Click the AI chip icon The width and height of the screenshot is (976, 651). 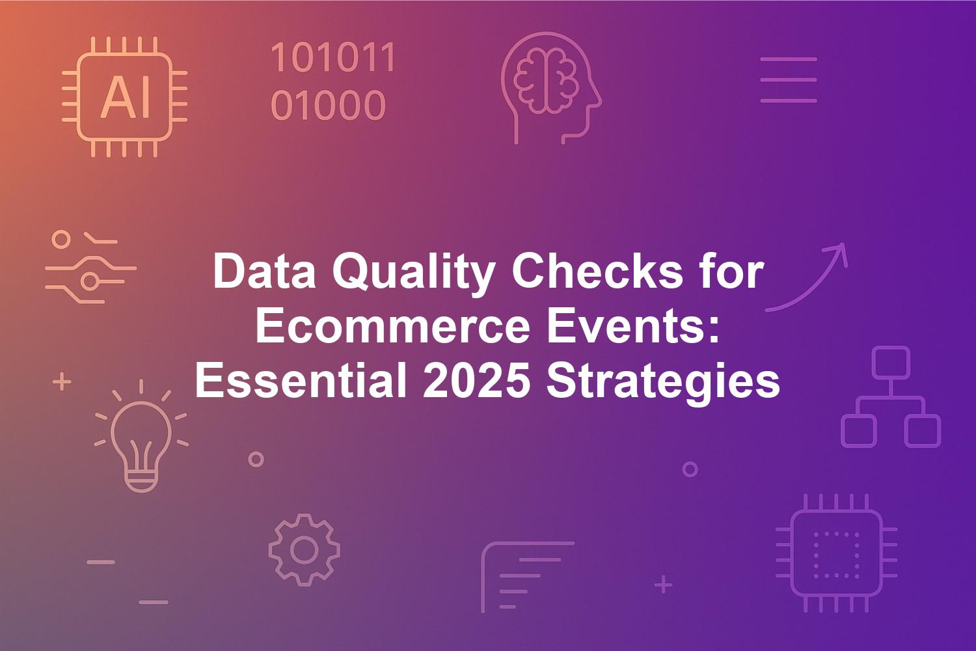point(125,97)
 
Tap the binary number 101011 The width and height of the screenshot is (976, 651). point(333,57)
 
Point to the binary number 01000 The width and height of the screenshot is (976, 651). point(328,105)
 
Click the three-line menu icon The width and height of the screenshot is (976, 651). point(789,80)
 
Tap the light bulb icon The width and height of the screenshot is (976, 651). point(141,436)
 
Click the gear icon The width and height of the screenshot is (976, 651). point(304,550)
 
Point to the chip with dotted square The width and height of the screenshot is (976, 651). point(836,553)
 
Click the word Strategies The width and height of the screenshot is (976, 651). point(663,383)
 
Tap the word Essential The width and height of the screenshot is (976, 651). point(301,380)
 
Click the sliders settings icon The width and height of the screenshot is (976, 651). point(90,267)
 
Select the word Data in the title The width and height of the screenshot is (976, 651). point(264,271)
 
